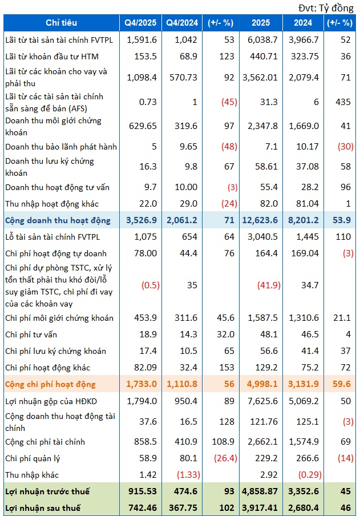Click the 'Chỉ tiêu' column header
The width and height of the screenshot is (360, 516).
pos(61,23)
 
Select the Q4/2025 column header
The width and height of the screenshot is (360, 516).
pos(140,23)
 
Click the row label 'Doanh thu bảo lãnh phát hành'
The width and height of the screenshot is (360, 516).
pos(61,147)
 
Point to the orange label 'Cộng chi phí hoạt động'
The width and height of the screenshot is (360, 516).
pos(50,384)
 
